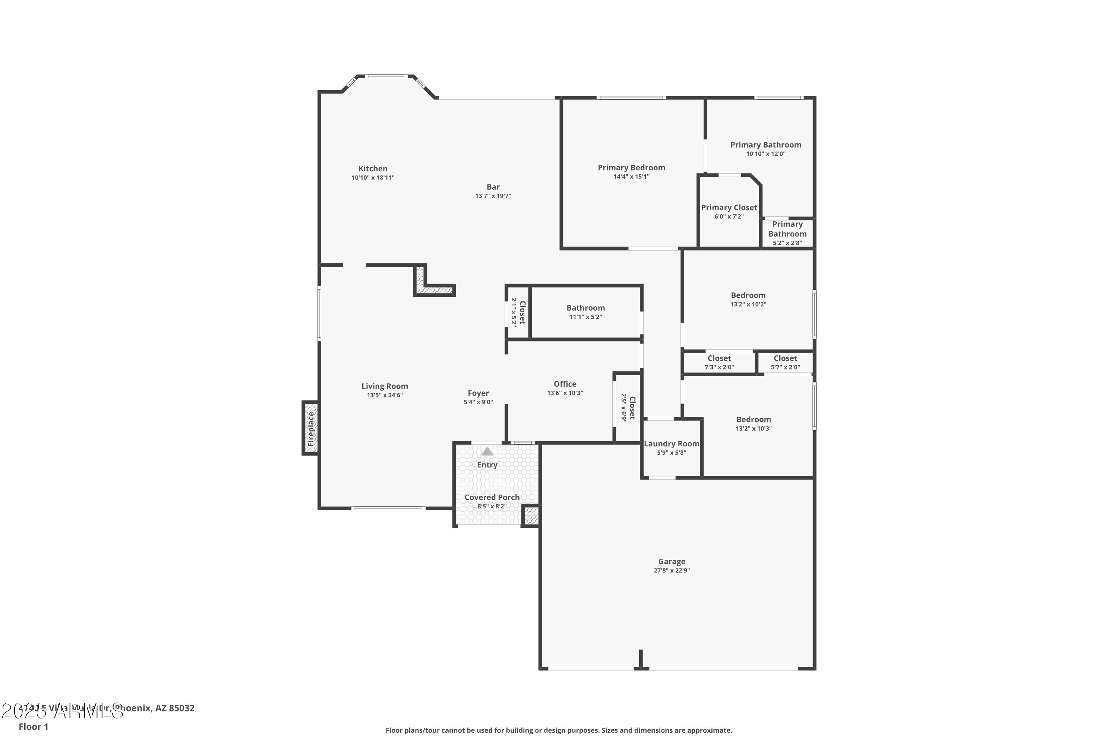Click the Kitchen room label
tap(373, 169)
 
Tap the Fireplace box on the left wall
tap(310, 428)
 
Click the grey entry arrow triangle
tap(487, 451)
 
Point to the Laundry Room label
tap(671, 444)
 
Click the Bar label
tap(493, 187)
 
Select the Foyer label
tap(478, 393)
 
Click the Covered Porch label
tap(492, 497)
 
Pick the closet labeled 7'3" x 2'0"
tap(719, 362)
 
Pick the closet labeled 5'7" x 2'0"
tap(785, 362)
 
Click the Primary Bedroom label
tap(631, 168)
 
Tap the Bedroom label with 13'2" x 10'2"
tap(748, 295)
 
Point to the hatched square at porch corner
tap(531, 516)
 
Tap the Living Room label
tap(385, 386)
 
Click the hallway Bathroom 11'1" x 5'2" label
tap(585, 308)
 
